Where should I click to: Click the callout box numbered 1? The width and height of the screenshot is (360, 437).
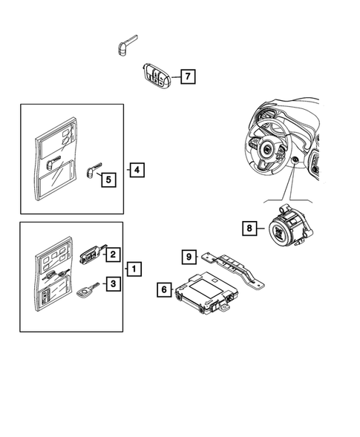pos(134,268)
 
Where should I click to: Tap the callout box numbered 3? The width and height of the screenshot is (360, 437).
pos(113,283)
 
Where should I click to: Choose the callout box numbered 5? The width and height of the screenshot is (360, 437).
pos(108,179)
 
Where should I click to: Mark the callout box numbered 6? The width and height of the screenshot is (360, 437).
pos(164,289)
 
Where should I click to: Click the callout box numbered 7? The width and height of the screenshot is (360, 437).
pos(188,76)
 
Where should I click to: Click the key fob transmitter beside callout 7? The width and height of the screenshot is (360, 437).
pos(156,77)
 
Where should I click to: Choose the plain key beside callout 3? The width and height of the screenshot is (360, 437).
pos(85,292)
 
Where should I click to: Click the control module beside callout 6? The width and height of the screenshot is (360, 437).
pos(204,293)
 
